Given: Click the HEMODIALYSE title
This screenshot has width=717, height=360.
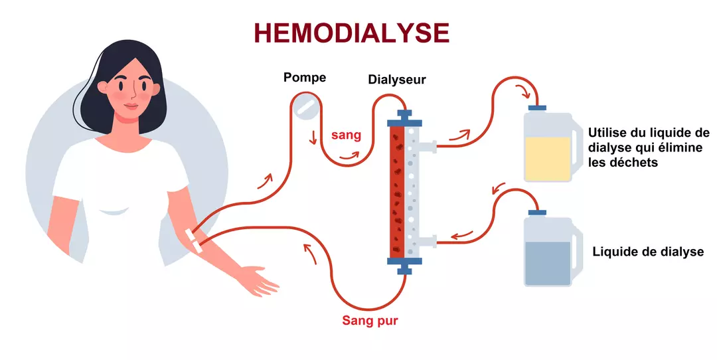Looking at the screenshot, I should point(352,33).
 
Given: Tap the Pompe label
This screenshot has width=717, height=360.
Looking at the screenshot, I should point(305,78).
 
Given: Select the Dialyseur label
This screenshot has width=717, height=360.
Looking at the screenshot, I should point(397,80).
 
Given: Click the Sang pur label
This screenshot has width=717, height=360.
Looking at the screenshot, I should point(370,321).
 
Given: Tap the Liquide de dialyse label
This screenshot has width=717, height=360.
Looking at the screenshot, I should point(647,252).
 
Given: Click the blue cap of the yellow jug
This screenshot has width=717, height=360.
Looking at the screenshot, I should point(536,107).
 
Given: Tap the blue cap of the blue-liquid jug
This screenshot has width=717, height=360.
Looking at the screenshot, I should point(536,213).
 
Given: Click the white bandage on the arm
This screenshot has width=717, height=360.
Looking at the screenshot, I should point(194,240).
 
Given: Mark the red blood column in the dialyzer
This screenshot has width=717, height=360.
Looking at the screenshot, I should point(398,193).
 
